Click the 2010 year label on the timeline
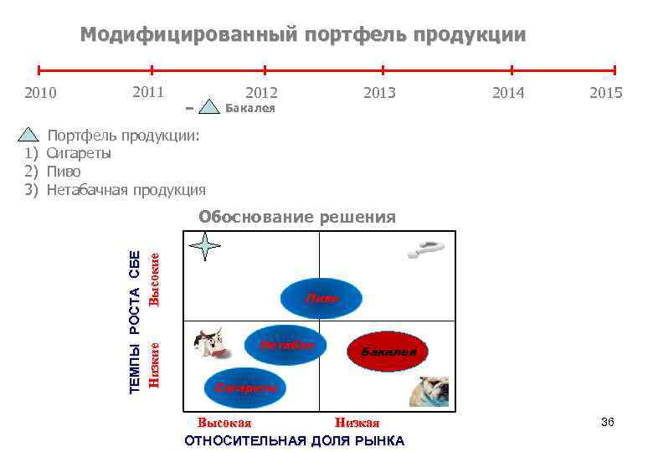click(40, 92)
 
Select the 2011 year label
click(148, 90)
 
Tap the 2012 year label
click(261, 92)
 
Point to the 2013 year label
click(379, 92)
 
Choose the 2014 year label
click(508, 92)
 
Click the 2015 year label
click(606, 92)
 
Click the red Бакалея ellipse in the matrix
click(388, 352)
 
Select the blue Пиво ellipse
click(322, 296)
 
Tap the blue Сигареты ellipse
click(245, 387)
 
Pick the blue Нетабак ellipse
click(287, 344)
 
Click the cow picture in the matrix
click(209, 342)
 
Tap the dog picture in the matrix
click(429, 391)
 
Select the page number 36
click(607, 423)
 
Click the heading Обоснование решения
click(296, 218)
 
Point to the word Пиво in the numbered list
click(64, 172)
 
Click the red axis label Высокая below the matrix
click(224, 424)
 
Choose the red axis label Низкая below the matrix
click(357, 424)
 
